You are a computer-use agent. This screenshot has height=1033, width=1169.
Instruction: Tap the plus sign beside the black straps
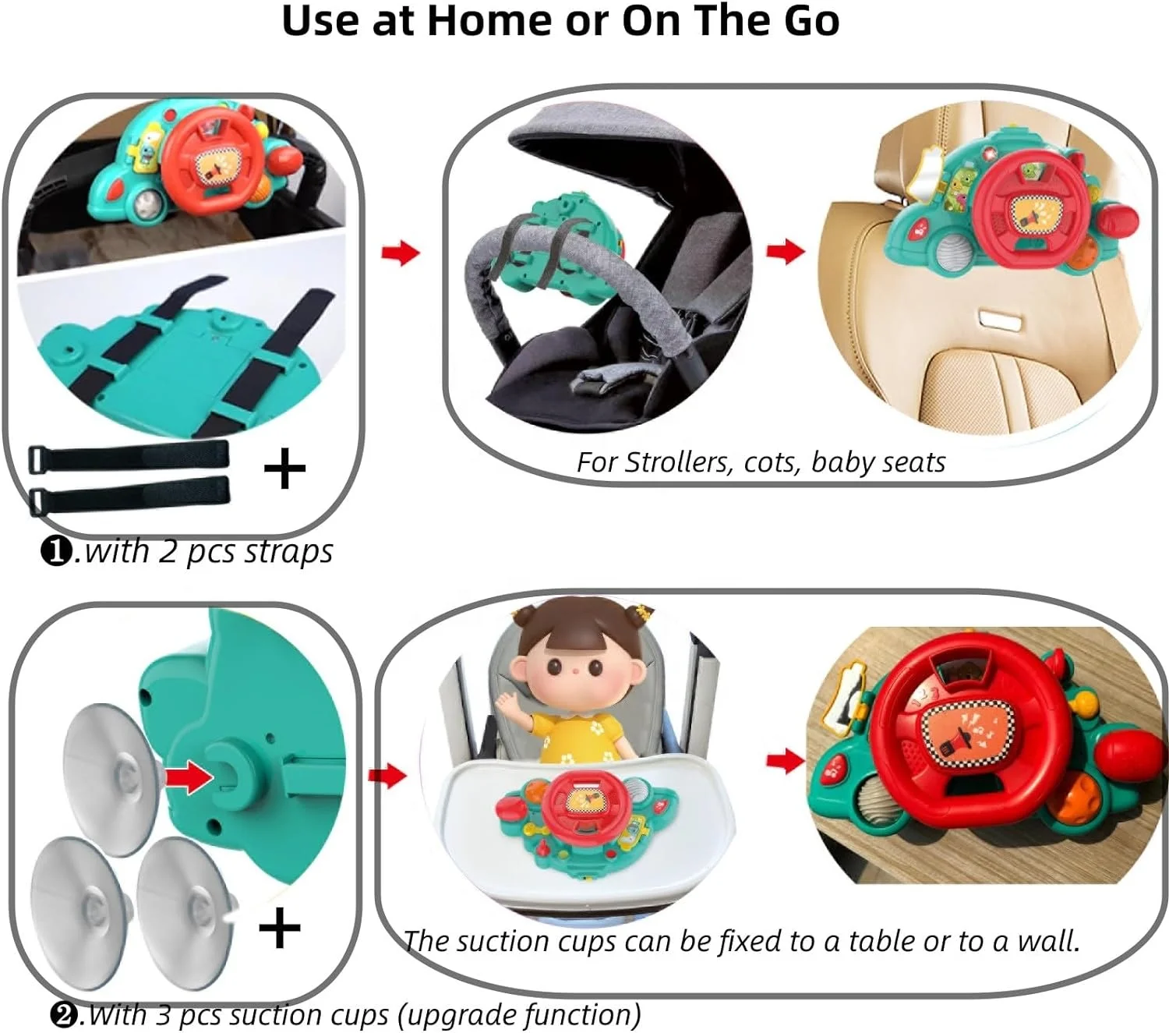[x=284, y=469]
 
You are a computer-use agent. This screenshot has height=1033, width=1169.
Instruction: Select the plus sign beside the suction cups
[x=279, y=928]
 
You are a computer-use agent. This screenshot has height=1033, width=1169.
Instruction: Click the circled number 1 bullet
[x=56, y=552]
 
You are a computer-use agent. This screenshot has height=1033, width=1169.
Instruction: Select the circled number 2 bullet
[x=65, y=1015]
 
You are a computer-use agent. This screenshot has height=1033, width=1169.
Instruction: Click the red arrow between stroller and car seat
[x=785, y=251]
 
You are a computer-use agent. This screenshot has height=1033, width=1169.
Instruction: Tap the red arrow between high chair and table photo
[x=785, y=761]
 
